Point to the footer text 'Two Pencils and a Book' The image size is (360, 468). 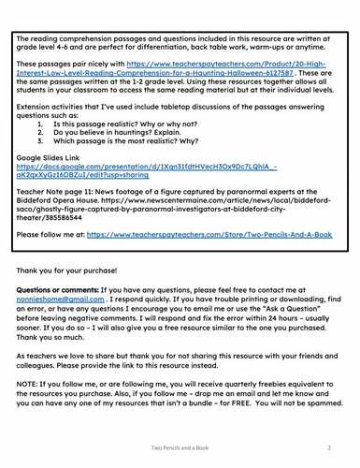pyautogui.click(x=181, y=449)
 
